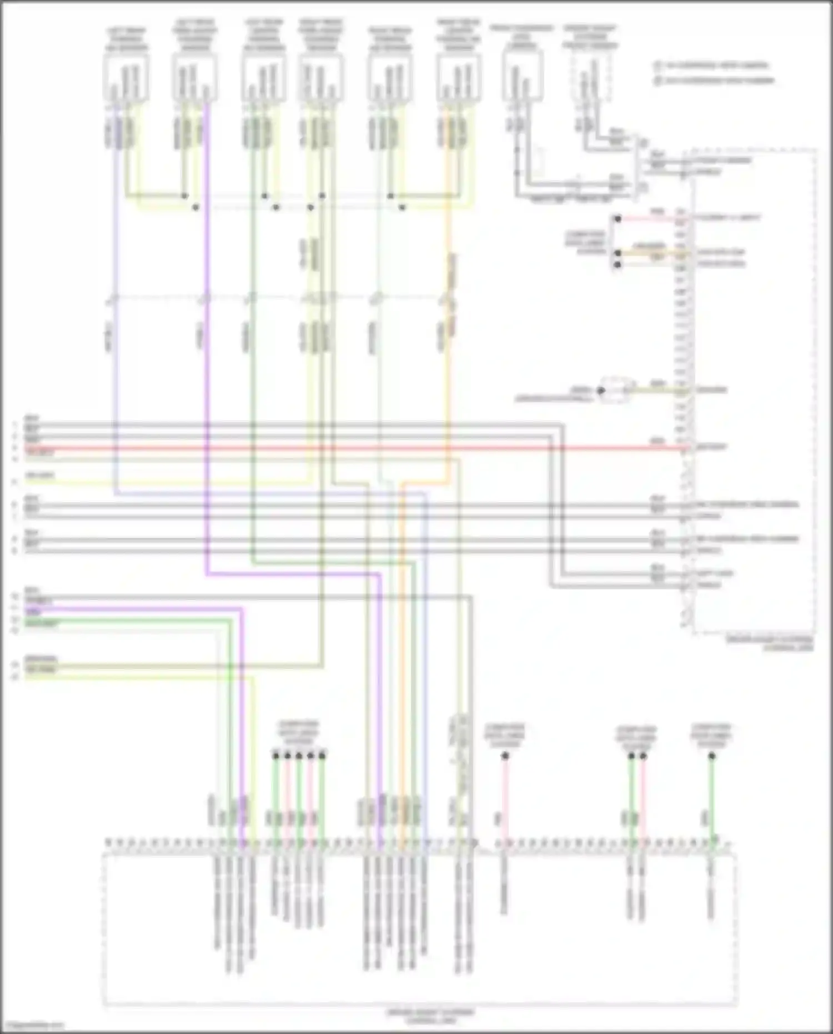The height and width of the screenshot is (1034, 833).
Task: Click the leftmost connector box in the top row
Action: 126,81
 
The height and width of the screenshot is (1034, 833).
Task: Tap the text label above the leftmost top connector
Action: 127,38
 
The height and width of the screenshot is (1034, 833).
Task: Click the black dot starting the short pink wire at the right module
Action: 618,219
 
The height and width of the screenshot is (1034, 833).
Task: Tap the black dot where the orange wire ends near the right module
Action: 618,253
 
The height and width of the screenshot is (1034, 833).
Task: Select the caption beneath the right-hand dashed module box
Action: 771,643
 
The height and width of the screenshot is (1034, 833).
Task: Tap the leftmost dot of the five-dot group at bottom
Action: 275,756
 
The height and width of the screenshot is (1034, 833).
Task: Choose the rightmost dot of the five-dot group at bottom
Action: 322,756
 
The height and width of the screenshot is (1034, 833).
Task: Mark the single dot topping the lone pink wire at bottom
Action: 505,756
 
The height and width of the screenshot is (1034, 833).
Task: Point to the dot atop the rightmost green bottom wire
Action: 712,756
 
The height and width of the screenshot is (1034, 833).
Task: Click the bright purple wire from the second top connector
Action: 206,333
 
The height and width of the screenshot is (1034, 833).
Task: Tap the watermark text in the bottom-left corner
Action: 32,1026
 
